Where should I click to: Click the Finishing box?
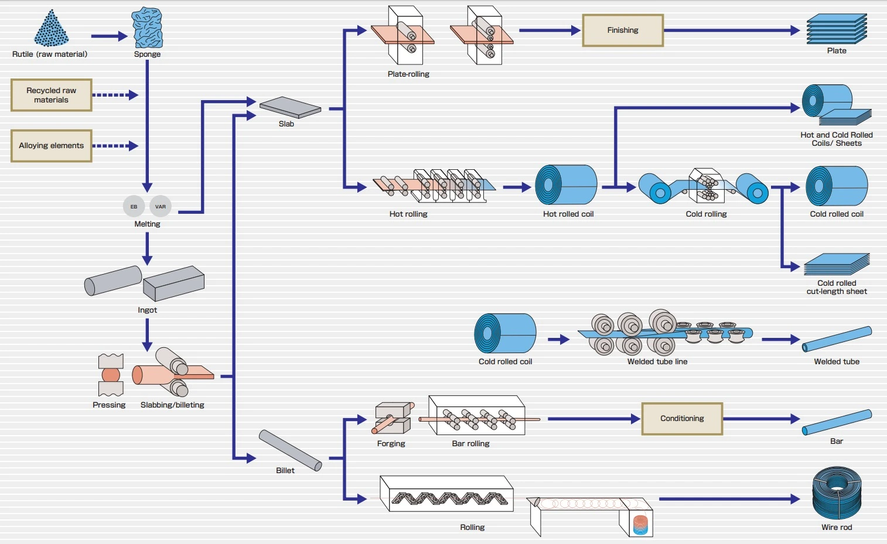click(622, 30)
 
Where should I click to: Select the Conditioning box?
click(682, 419)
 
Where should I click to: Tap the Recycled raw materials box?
click(52, 95)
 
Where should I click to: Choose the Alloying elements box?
click(52, 146)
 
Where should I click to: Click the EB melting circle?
click(134, 206)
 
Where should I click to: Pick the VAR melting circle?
click(161, 206)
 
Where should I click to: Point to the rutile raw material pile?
click(51, 29)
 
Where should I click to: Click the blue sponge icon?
click(147, 28)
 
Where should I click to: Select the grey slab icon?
click(290, 107)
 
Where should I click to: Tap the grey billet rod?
click(290, 450)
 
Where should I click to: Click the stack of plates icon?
click(836, 29)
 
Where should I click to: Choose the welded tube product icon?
click(837, 339)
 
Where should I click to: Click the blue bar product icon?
click(837, 422)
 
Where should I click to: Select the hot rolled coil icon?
click(566, 185)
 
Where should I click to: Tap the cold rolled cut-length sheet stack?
click(837, 264)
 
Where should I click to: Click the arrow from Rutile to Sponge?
click(109, 36)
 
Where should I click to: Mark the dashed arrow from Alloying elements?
click(115, 146)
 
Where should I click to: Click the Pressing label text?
click(109, 405)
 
